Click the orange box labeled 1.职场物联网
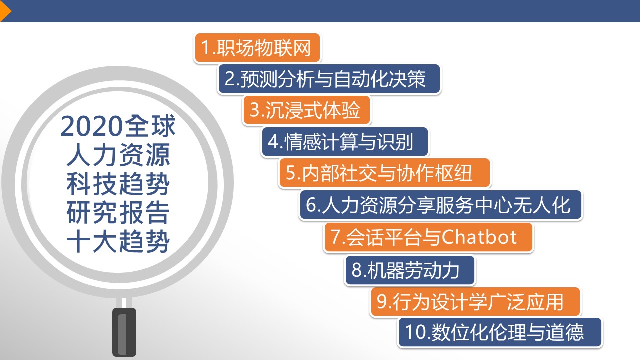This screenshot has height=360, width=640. [x=257, y=47]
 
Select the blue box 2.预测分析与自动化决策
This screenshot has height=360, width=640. [x=329, y=79]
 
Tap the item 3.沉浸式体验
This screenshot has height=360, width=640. [x=306, y=110]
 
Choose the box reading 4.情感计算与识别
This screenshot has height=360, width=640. [x=345, y=142]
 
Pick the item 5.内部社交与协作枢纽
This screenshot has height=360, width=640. [x=385, y=173]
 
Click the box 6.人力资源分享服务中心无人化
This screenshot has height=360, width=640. [x=441, y=205]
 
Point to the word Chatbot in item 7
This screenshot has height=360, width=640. [x=479, y=237]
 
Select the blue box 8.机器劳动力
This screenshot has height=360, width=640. [x=410, y=270]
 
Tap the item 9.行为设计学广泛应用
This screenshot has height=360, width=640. [x=475, y=302]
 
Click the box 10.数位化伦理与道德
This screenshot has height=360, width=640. [x=500, y=332]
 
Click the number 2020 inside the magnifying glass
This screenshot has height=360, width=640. [x=91, y=126]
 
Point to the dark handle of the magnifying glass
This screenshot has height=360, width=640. [x=124, y=332]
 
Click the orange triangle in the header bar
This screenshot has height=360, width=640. [x=5, y=11]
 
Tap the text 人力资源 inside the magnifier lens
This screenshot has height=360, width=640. [x=118, y=155]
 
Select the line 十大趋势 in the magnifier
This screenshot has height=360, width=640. [x=118, y=241]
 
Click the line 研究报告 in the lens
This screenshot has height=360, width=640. [x=118, y=213]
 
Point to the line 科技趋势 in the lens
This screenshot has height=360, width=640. [x=118, y=184]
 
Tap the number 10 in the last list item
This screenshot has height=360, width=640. [x=416, y=332]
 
